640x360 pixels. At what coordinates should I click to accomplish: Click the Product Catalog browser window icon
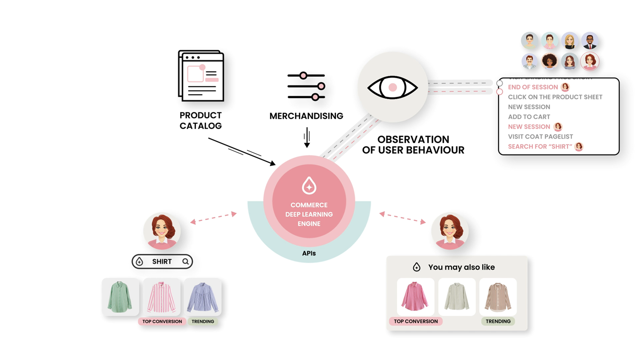click(x=201, y=75)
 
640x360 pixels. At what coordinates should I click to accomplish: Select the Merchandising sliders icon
click(x=306, y=86)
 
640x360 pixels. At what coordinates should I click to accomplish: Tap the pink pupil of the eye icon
click(x=392, y=88)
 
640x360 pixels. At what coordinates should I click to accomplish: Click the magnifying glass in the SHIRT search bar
click(x=186, y=262)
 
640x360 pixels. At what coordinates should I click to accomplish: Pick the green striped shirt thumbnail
click(x=120, y=297)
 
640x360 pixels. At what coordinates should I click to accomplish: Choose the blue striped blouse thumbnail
click(x=203, y=297)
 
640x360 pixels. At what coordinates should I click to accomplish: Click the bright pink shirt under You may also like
click(x=415, y=297)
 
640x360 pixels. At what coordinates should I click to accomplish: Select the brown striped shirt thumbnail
click(x=498, y=297)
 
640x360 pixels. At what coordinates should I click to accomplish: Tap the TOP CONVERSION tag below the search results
click(x=162, y=322)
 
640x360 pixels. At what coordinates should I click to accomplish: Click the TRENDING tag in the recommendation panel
click(x=498, y=321)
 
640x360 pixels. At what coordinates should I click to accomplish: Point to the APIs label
click(x=309, y=253)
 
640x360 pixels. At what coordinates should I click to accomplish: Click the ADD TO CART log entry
click(x=529, y=117)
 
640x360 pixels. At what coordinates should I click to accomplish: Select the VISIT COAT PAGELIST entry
click(x=540, y=136)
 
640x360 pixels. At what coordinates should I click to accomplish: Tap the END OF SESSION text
click(x=533, y=87)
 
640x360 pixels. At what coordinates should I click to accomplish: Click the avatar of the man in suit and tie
click(x=590, y=41)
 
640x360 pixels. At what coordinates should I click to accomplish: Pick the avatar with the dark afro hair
click(x=550, y=61)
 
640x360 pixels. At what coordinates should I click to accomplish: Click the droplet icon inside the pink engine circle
click(x=309, y=186)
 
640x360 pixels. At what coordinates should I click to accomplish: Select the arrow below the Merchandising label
click(x=307, y=137)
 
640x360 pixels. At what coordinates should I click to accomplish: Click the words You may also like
click(x=461, y=267)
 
